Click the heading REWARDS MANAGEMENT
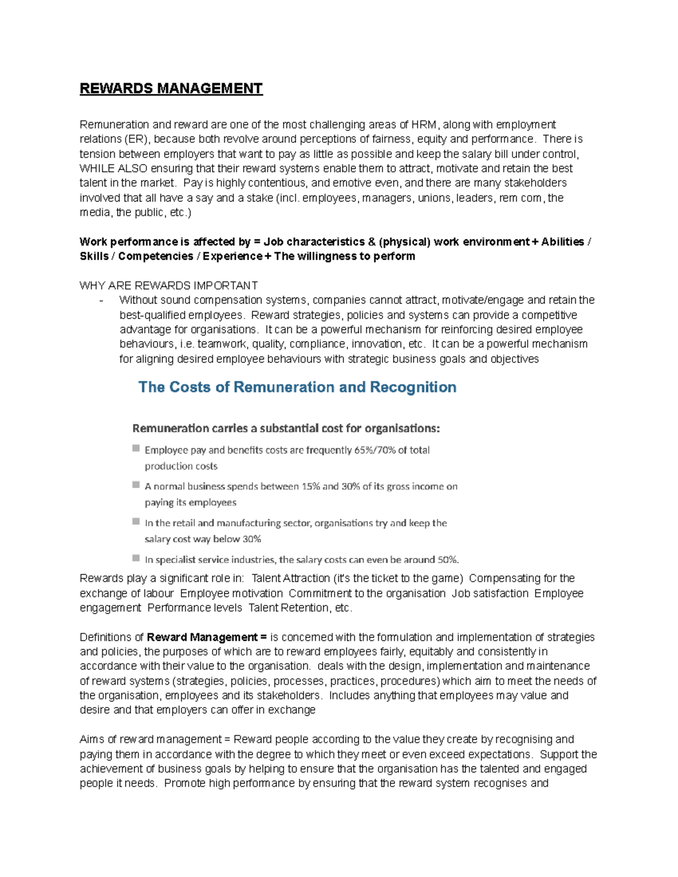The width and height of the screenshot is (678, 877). click(x=171, y=89)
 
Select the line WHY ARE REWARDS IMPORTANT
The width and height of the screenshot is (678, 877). click(x=168, y=286)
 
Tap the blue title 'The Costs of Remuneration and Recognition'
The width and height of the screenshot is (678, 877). click(x=297, y=387)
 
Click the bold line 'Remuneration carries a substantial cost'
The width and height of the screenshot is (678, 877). click(x=285, y=428)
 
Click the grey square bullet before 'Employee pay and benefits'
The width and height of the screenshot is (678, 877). click(x=136, y=448)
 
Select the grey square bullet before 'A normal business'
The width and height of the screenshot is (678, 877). click(x=136, y=485)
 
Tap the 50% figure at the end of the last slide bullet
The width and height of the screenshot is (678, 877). click(x=448, y=560)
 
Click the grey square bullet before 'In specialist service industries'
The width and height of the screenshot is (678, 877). click(x=136, y=558)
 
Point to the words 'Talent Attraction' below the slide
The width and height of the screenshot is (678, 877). click(x=290, y=578)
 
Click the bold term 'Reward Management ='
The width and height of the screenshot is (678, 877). click(x=207, y=638)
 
